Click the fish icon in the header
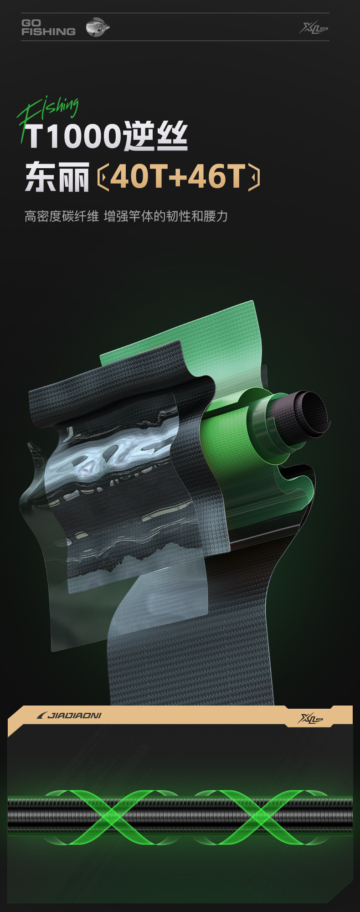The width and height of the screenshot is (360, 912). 98,27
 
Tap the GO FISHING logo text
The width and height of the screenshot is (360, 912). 48,27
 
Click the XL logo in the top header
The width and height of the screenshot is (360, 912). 314,28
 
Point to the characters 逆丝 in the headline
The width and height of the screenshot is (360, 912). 155,136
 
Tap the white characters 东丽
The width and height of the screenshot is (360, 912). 57,176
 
